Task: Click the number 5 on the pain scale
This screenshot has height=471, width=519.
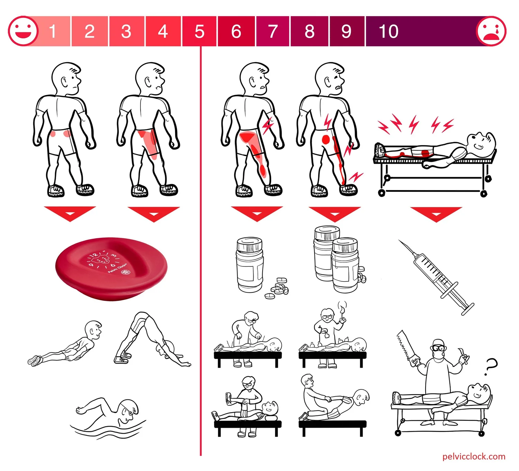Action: (199, 31)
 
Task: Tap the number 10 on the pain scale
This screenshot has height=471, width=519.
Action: (389, 31)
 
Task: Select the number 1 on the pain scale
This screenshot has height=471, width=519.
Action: (53, 31)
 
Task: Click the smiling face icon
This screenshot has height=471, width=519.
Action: (23, 31)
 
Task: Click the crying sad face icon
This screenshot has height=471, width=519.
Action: (491, 31)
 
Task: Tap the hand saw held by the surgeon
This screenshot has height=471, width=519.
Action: (404, 346)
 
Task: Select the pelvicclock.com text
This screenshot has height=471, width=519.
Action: (474, 456)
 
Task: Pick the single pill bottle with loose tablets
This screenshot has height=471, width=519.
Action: (250, 265)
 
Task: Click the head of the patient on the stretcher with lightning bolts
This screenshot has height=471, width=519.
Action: (481, 142)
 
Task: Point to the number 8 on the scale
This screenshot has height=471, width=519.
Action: (309, 31)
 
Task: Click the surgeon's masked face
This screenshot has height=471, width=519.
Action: (438, 347)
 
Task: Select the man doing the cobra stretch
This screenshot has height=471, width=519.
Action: (69, 346)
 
